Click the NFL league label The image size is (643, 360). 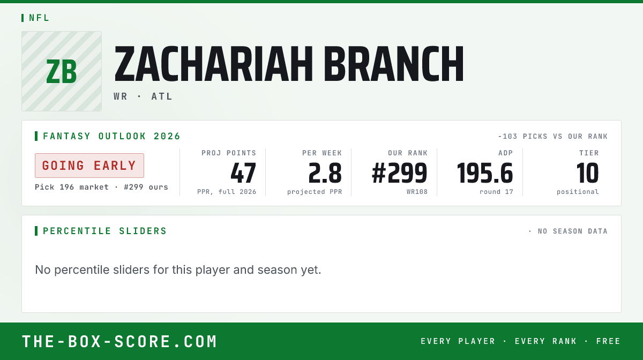click(x=39, y=18)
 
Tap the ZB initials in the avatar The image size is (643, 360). click(x=62, y=71)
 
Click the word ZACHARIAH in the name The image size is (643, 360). click(x=213, y=64)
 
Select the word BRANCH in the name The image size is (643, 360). click(x=394, y=64)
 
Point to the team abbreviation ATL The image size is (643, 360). click(x=162, y=96)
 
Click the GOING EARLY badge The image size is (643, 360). click(x=89, y=166)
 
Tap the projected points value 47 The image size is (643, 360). click(x=243, y=173)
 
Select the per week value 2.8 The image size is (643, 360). click(x=325, y=173)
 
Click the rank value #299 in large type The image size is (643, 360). click(x=400, y=173)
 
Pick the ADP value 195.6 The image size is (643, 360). click(x=485, y=173)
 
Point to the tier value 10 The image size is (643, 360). click(x=587, y=173)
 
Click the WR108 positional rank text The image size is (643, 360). click(x=417, y=192)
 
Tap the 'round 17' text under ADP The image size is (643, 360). click(x=496, y=192)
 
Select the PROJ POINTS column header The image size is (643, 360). click(x=229, y=153)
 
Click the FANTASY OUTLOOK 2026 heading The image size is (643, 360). click(x=111, y=136)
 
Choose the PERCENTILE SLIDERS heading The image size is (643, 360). click(x=105, y=231)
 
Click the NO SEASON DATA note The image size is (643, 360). click(x=572, y=231)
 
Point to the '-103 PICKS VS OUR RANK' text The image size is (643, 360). click(x=553, y=137)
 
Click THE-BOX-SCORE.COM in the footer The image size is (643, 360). click(x=119, y=342)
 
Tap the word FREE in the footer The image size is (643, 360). click(x=608, y=341)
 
